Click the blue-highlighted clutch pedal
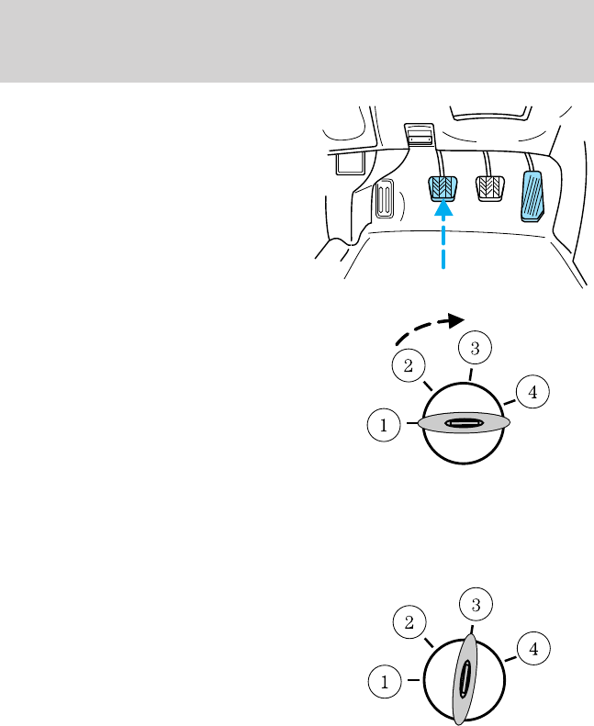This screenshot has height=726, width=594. (443, 187)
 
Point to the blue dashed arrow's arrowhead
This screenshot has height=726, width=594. (443, 208)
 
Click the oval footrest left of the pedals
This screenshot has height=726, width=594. (385, 200)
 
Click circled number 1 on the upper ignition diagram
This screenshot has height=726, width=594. (383, 424)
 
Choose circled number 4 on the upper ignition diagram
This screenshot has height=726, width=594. (532, 393)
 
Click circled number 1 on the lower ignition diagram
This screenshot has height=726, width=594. (383, 681)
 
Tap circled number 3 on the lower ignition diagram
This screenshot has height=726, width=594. (476, 605)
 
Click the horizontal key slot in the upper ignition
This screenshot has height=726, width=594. (464, 423)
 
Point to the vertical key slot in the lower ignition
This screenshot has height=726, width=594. (465, 680)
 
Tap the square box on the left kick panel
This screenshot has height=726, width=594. (347, 163)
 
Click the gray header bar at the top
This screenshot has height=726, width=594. (297, 40)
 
